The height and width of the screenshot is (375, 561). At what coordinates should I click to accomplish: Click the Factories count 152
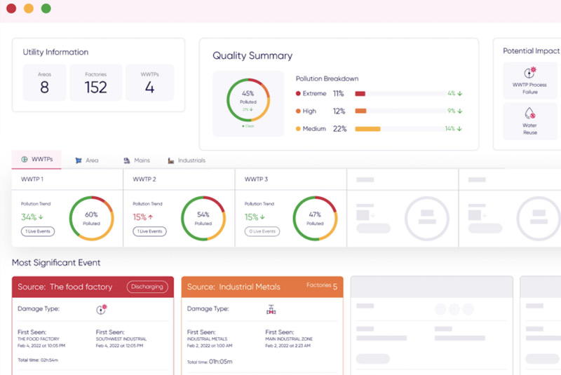(95, 87)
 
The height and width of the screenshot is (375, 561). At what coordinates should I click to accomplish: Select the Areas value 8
(44, 87)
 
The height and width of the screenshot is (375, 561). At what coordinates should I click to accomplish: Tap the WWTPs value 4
(149, 87)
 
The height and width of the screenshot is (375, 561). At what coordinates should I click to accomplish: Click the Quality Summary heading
(252, 55)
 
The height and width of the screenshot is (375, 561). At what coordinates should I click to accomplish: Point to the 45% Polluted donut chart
(248, 101)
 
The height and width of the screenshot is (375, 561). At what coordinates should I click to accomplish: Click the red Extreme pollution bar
(360, 93)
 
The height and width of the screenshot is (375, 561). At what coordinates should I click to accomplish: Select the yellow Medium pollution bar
(367, 129)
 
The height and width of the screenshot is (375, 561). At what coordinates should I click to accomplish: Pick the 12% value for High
(339, 111)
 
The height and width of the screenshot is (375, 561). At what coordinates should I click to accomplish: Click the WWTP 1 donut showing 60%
(91, 219)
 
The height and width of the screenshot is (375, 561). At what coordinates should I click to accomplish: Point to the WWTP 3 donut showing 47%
(315, 219)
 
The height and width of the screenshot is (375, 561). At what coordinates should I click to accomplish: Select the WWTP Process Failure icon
(530, 73)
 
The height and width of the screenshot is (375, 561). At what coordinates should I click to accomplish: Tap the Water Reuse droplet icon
(530, 113)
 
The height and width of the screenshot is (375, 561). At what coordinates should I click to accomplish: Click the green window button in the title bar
(46, 8)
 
